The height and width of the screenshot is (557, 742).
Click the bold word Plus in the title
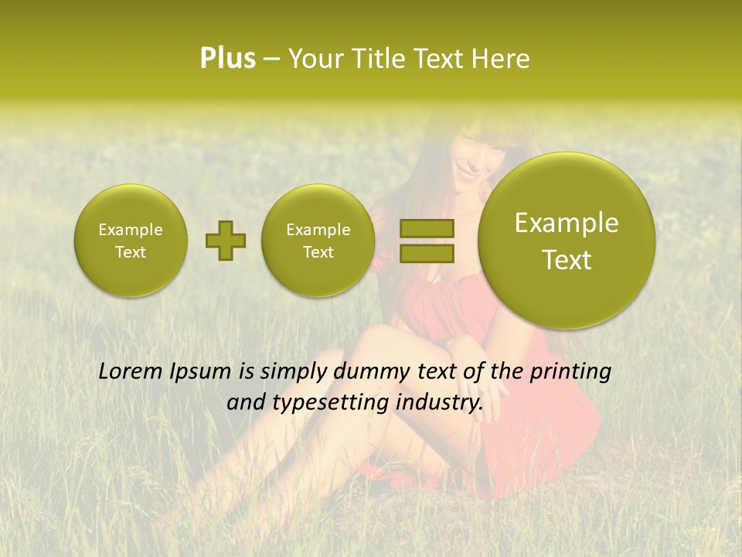pyautogui.click(x=227, y=59)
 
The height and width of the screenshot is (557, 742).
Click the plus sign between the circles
pyautogui.click(x=225, y=241)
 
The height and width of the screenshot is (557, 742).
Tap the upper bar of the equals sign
pyautogui.click(x=426, y=229)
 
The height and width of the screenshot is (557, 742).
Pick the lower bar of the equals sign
pyautogui.click(x=426, y=253)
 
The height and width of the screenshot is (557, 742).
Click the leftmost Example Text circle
pyautogui.click(x=131, y=241)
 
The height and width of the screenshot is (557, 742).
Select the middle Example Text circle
pyautogui.click(x=318, y=241)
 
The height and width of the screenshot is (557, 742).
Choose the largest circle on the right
pyautogui.click(x=567, y=241)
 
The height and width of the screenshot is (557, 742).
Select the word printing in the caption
pyautogui.click(x=571, y=372)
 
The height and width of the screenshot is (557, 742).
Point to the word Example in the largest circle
pyautogui.click(x=567, y=223)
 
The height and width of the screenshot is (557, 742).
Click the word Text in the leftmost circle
pyautogui.click(x=131, y=252)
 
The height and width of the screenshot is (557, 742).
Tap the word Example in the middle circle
pyautogui.click(x=318, y=230)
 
